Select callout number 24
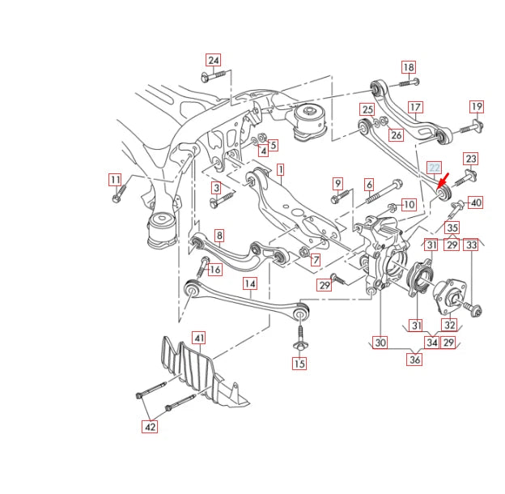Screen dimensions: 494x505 [214, 60]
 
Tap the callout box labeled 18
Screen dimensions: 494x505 [409, 67]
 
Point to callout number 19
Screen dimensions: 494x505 [476, 106]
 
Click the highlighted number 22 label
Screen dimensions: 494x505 [435, 168]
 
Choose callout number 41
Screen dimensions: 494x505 [199, 337]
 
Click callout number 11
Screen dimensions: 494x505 [115, 179]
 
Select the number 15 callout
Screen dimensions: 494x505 [299, 364]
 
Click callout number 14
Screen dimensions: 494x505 [250, 283]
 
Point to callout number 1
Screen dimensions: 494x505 [280, 170]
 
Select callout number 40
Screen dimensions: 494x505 [475, 202]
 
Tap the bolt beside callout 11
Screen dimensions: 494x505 [117, 194]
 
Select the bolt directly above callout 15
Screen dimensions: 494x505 [299, 335]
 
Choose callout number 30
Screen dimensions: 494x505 [380, 343]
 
